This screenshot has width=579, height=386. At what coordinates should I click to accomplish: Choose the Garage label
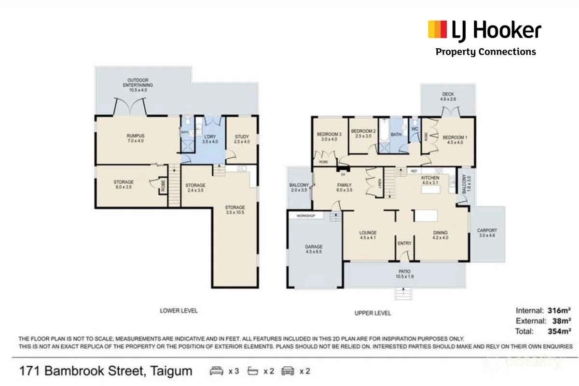coord(313,249)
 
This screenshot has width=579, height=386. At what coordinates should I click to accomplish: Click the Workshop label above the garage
coord(305,216)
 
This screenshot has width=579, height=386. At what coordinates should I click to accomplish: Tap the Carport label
coord(487,233)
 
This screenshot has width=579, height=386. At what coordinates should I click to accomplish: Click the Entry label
coord(404,243)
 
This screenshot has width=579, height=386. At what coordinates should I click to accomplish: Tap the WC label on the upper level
coord(414,129)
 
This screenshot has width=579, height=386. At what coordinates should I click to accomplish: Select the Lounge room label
coord(368,234)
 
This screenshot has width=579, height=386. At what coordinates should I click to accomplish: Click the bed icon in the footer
coord(217,371)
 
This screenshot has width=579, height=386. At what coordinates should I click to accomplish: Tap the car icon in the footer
coord(288,371)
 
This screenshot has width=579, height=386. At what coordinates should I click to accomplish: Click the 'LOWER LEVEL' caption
coord(179,311)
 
